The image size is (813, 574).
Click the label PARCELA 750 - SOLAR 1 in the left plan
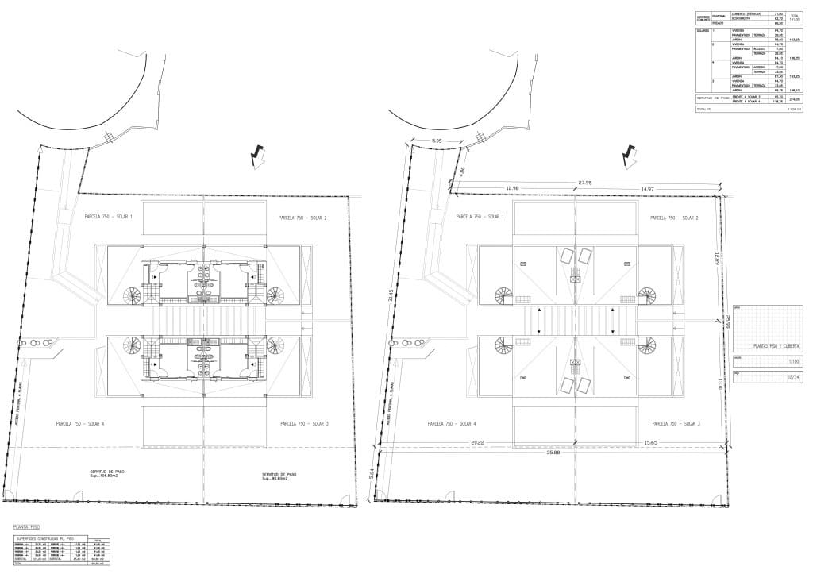[109, 216]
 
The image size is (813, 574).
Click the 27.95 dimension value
[586, 182]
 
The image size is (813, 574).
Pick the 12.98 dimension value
[511, 188]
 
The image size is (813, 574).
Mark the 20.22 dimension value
[477, 442]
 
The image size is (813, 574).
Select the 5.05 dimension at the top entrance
[437, 141]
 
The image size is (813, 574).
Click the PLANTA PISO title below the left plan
[26, 526]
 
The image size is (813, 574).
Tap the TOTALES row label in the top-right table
[703, 109]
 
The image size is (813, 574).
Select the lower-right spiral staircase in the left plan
[275, 346]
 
